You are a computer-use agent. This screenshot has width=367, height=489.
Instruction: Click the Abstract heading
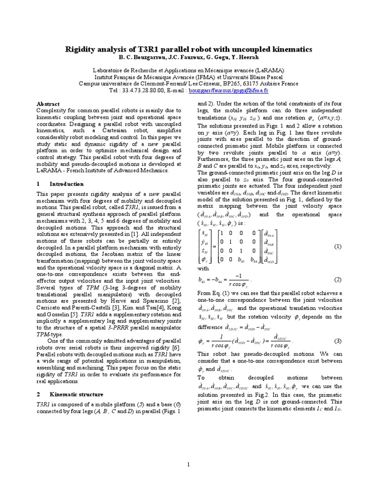(x=48, y=104)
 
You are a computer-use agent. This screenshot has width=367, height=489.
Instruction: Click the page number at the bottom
(x=188, y=464)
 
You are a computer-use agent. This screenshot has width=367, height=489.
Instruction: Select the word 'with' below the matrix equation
(x=203, y=269)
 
